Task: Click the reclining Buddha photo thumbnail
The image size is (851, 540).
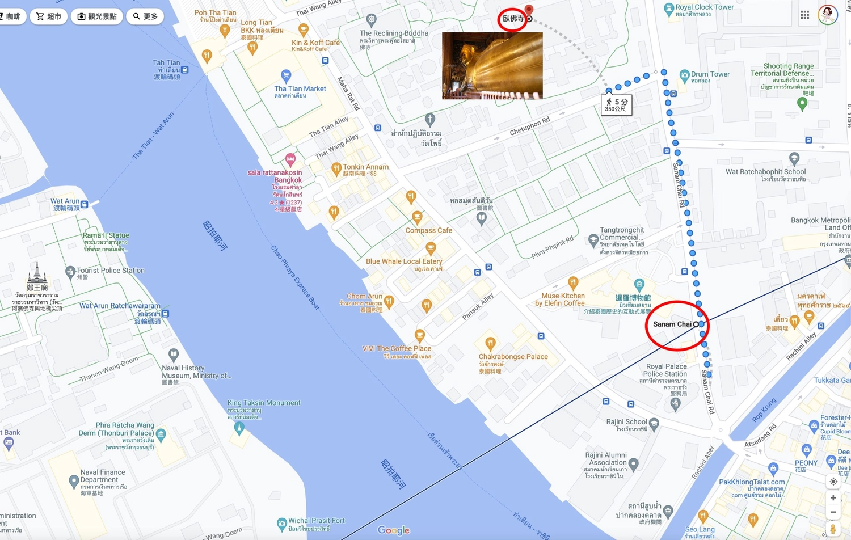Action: (x=492, y=66)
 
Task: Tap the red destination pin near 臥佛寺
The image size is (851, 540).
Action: (x=529, y=10)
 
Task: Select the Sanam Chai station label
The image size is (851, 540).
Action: (x=672, y=324)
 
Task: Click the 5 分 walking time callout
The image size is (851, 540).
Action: (x=616, y=105)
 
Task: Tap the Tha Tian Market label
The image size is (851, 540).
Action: (x=300, y=89)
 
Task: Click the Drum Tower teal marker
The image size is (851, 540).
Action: (x=685, y=74)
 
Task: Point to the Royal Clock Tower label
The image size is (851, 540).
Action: (x=704, y=7)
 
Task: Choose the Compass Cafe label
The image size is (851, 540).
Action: (x=429, y=230)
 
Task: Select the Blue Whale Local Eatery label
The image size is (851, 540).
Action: (x=404, y=261)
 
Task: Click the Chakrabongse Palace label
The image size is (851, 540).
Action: (x=513, y=357)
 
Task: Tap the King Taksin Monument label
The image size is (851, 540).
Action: (x=264, y=403)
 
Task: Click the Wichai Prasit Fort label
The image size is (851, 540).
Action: (x=316, y=521)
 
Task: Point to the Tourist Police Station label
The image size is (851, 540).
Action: (x=111, y=271)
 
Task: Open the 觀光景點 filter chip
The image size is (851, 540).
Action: (x=97, y=16)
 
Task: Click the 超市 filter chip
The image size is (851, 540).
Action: (x=49, y=16)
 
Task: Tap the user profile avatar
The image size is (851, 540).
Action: (x=828, y=15)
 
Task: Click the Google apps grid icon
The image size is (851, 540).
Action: (x=804, y=15)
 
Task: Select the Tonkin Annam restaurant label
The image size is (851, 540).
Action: (x=365, y=167)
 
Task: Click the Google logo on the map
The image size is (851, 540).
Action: (x=394, y=530)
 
